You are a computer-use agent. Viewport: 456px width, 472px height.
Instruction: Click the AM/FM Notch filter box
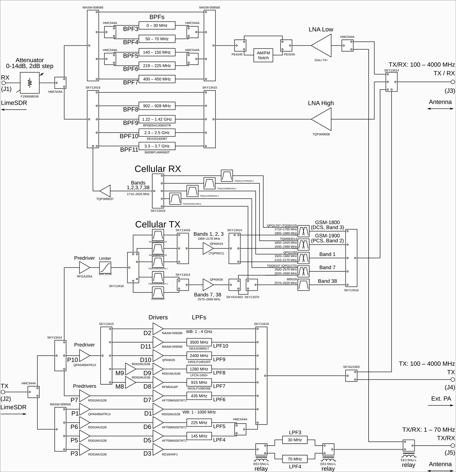tap(263, 55)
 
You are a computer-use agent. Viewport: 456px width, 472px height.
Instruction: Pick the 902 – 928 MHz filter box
tap(157, 106)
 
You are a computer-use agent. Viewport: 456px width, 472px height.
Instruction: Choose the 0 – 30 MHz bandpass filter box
tap(157, 26)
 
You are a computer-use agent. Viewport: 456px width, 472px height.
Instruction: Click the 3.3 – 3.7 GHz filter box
tap(157, 146)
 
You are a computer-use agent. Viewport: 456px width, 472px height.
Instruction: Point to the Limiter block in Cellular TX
tap(105, 268)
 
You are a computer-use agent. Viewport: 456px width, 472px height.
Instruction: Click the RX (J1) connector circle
tap(4, 83)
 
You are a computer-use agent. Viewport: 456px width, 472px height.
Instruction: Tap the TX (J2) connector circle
tap(4, 392)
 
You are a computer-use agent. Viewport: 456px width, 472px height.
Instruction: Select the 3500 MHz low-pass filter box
tap(199, 342)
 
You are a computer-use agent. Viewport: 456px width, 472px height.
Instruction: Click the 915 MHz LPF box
tap(199, 383)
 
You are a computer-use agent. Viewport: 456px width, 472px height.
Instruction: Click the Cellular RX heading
tap(158, 169)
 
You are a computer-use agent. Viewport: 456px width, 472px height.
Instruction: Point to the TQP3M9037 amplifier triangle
tap(105, 191)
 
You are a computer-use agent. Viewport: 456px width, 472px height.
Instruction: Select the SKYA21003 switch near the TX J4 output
tap(351, 375)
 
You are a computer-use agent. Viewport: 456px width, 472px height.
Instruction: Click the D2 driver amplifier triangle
tap(158, 329)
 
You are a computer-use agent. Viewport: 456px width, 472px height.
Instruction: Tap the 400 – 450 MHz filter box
tap(157, 79)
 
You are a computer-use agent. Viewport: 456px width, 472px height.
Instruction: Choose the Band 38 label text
tap(327, 281)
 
